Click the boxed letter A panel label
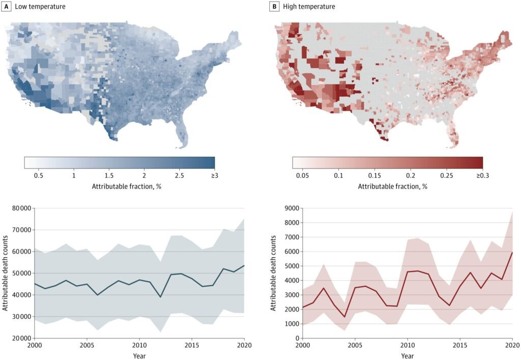(x=7, y=7)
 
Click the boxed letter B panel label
(x=275, y=7)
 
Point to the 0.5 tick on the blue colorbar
(x=38, y=176)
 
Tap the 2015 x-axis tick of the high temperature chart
(x=459, y=345)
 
